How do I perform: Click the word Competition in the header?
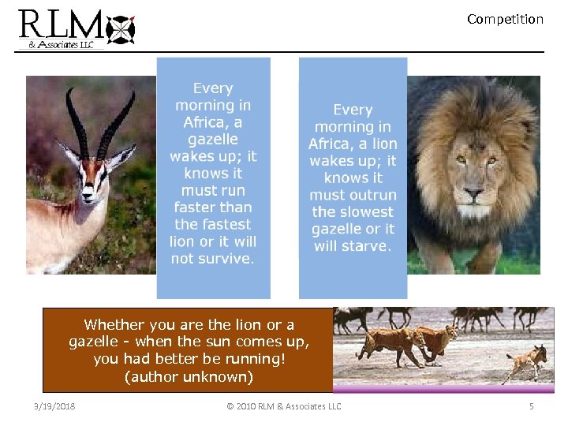point(505,19)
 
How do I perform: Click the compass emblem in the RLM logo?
point(121,30)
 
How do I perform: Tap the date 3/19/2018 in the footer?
point(54,406)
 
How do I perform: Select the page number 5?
point(532,406)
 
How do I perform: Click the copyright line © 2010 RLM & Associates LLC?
point(284,406)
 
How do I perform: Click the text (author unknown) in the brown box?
point(189,377)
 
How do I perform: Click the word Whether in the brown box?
point(112,324)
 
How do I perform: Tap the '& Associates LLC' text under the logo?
point(62,45)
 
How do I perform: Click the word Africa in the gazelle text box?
point(201,122)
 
